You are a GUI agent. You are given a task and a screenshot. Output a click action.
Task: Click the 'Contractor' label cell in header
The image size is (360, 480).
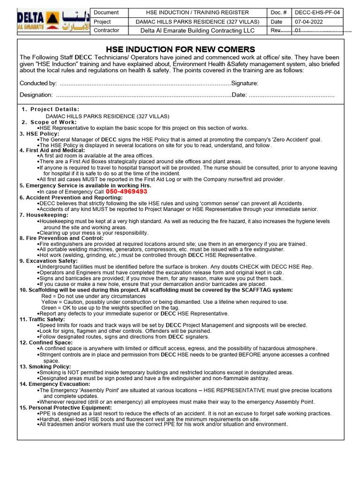click(x=106, y=30)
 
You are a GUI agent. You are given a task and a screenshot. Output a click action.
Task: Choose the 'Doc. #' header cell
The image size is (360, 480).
click(x=279, y=13)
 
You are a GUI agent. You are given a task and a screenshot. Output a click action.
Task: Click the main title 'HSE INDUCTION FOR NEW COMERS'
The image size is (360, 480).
click(x=180, y=49)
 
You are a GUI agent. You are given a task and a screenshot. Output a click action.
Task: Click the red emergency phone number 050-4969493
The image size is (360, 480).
click(x=127, y=192)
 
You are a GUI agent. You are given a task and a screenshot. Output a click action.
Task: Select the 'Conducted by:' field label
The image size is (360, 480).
click(x=38, y=83)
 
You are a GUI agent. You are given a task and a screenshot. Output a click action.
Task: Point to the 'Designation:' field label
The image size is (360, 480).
click(x=36, y=95)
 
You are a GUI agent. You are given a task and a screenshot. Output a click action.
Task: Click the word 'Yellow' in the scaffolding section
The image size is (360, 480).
click(x=49, y=302)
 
